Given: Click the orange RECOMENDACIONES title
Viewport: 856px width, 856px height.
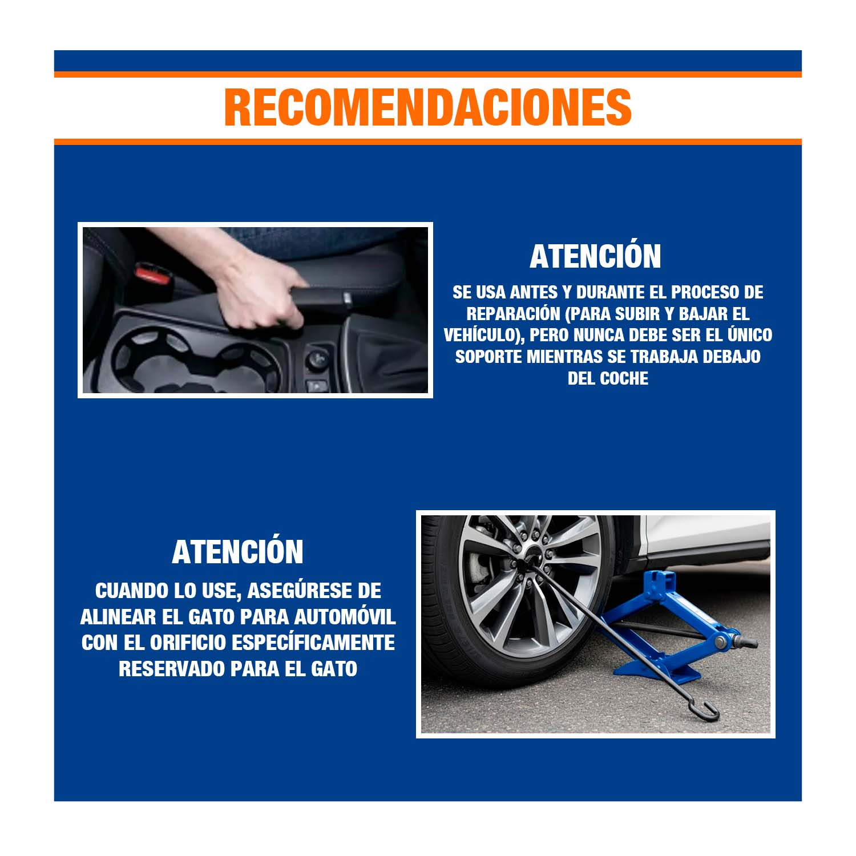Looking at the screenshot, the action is point(428,107).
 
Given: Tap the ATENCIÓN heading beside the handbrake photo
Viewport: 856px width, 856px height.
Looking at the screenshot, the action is point(595,256).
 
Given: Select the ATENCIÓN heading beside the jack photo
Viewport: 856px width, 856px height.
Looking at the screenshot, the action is point(237,551).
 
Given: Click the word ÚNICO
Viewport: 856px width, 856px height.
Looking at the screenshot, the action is point(749,334).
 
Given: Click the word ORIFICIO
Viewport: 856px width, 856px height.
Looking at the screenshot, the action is point(188,643).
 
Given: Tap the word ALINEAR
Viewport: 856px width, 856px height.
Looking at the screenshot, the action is point(114,617).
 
